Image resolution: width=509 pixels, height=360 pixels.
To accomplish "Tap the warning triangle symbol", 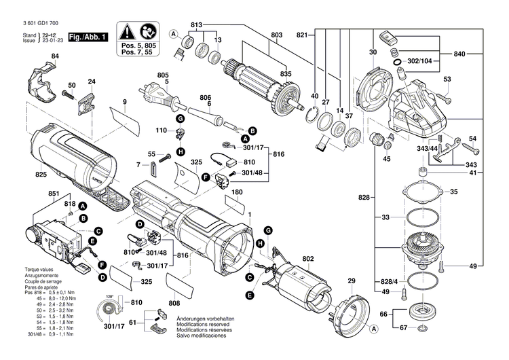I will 127,31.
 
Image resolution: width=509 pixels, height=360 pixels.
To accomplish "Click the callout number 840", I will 460,54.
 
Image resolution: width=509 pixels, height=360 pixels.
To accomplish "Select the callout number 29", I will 352,281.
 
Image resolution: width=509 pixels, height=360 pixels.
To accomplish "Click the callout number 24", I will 92,83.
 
